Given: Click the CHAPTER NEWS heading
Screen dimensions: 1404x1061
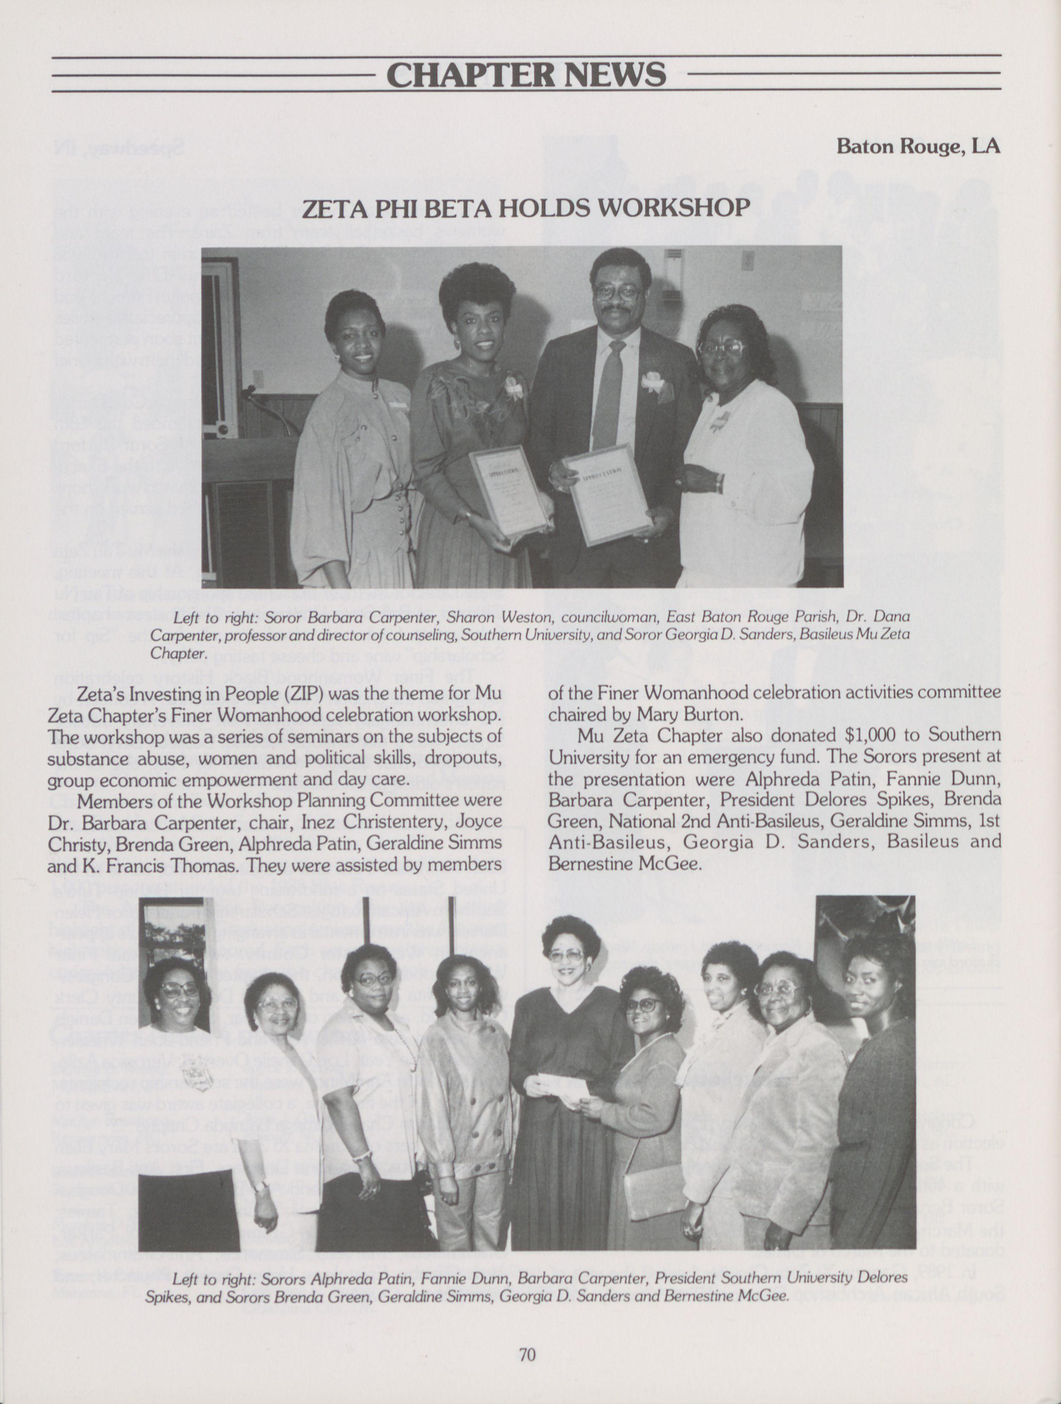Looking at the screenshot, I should pyautogui.click(x=526, y=74).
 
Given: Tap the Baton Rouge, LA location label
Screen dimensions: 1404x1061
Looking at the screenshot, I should pyautogui.click(x=917, y=146).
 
